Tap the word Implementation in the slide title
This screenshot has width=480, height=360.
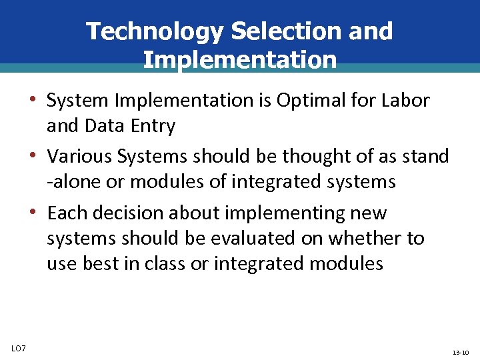click(239, 60)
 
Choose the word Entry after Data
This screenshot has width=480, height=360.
click(153, 125)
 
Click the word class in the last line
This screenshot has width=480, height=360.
click(167, 263)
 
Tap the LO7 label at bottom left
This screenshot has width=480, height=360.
click(19, 348)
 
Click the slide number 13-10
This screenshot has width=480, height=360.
click(461, 352)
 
